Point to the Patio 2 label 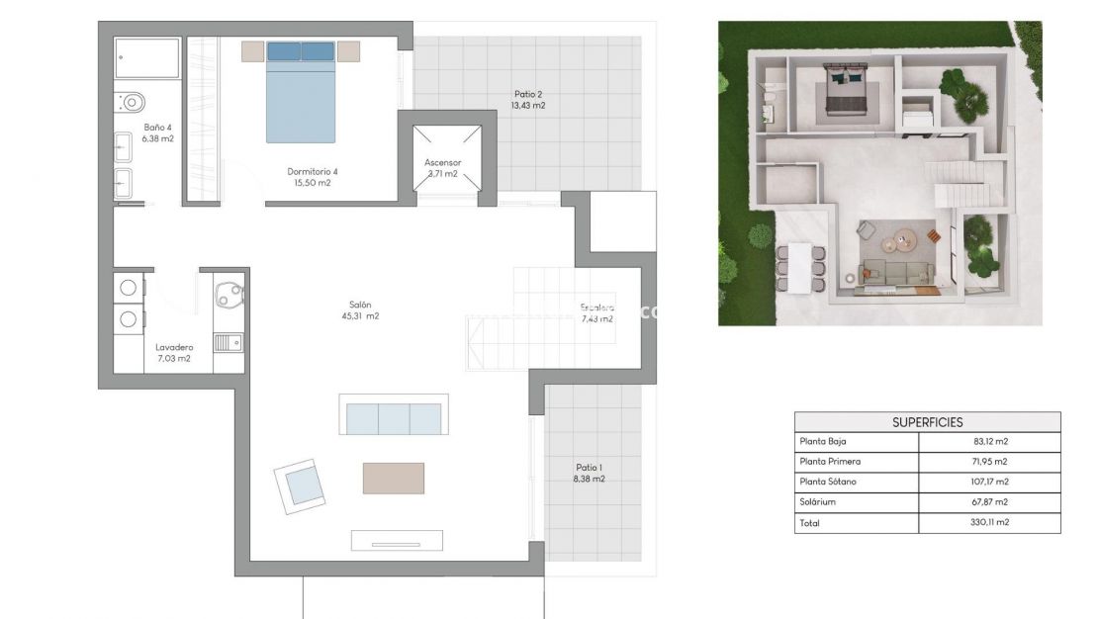click(529, 99)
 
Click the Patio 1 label click(590, 473)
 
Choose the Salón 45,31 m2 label click(359, 310)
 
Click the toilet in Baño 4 click(130, 100)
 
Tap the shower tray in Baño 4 click(147, 57)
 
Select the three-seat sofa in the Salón click(394, 415)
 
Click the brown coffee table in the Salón click(393, 478)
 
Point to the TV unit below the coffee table click(397, 540)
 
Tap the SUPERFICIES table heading click(927, 421)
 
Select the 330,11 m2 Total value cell click(988, 522)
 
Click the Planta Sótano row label click(828, 482)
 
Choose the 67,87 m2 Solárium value click(988, 502)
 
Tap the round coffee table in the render click(900, 239)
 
